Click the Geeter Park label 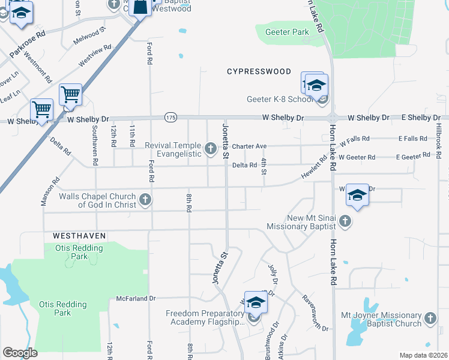[x=282, y=32]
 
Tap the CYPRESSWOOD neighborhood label [x=259, y=71]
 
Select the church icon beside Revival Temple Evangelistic [x=210, y=148]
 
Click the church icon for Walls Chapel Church [x=145, y=199]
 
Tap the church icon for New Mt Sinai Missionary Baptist [x=345, y=221]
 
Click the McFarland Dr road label [x=136, y=298]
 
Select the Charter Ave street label [x=249, y=146]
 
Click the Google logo [x=20, y=353]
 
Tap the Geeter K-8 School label [x=281, y=100]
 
